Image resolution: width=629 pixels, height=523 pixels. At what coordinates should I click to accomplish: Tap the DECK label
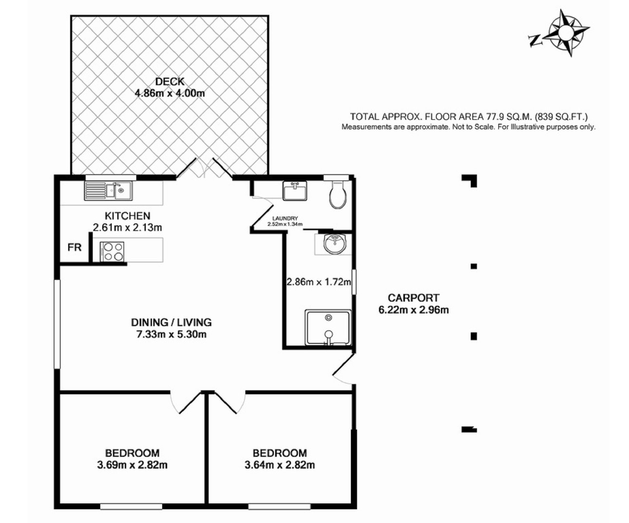[170, 81]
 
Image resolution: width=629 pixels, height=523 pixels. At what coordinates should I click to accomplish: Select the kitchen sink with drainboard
[108, 191]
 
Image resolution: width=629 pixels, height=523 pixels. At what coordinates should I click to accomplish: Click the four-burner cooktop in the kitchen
[112, 251]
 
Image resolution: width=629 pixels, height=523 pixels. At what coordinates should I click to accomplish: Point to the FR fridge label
[74, 247]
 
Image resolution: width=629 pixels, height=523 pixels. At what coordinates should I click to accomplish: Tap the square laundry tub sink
[295, 191]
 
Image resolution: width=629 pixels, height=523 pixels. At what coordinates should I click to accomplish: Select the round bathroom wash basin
[334, 244]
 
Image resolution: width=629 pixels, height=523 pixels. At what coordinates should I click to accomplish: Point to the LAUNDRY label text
[285, 218]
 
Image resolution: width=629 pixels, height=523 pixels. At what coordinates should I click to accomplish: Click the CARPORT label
[413, 298]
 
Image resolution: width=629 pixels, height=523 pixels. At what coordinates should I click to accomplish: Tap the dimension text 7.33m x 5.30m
[171, 334]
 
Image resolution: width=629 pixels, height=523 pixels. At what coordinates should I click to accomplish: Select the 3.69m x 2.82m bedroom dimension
[132, 465]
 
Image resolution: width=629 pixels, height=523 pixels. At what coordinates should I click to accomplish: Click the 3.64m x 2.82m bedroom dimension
[280, 465]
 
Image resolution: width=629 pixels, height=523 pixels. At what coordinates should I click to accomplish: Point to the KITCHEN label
[127, 216]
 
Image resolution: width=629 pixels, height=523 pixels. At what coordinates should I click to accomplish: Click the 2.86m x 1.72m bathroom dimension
[319, 282]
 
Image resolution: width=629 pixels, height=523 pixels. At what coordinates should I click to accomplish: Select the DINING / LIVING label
[171, 322]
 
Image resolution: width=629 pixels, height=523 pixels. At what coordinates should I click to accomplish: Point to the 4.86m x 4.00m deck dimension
[170, 93]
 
